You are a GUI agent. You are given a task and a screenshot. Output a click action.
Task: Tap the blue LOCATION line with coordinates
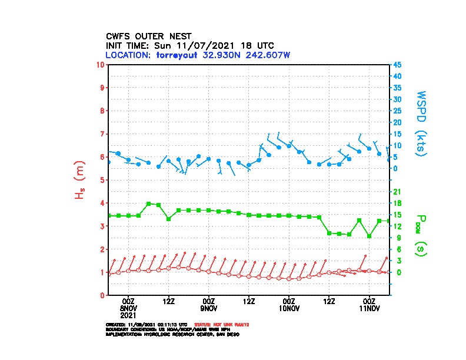click(198, 55)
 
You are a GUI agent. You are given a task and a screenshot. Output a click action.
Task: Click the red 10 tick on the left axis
click(102, 64)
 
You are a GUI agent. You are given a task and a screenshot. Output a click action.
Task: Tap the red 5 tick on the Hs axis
click(103, 179)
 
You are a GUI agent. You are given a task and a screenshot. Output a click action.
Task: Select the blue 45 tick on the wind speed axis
click(398, 64)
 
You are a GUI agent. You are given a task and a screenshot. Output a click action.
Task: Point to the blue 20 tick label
click(398, 122)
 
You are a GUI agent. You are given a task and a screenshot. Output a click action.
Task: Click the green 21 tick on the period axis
click(397, 192)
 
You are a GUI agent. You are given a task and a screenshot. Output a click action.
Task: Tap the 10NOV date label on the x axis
click(289, 308)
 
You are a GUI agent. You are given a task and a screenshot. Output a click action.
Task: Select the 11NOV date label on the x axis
click(370, 308)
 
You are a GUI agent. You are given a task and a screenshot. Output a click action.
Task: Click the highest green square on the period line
click(148, 204)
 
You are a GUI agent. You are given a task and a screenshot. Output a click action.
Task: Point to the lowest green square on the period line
click(370, 236)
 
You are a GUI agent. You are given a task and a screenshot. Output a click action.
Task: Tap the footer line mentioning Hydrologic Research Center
click(172, 334)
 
